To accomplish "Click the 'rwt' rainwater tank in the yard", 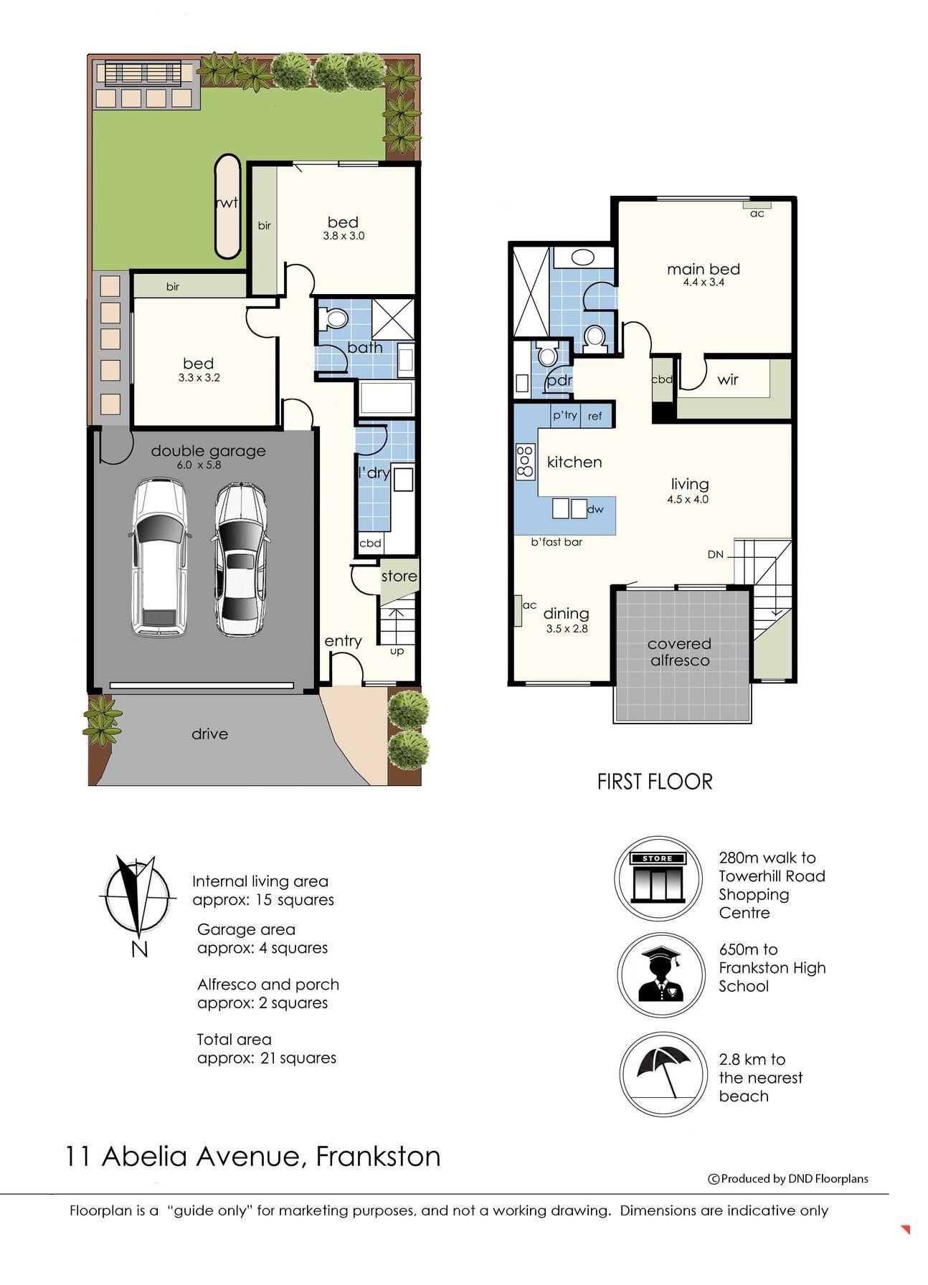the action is point(227,206).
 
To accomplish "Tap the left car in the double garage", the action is point(159,557).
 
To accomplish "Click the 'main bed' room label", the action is point(704,269).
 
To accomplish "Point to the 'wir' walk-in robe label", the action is point(727,379).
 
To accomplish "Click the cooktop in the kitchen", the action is point(526,461).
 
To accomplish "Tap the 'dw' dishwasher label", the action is point(595,509).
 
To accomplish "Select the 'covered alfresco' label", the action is point(679,652).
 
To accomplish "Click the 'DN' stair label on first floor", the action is point(715,554).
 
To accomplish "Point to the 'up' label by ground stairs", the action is point(397,651).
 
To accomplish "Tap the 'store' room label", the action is point(399,576).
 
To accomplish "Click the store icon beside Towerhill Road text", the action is point(658,878).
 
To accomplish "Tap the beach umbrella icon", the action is point(663,1073).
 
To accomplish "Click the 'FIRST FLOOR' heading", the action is point(655,782).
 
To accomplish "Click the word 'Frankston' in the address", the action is point(378,1157).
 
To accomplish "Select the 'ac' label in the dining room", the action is point(529,605).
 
